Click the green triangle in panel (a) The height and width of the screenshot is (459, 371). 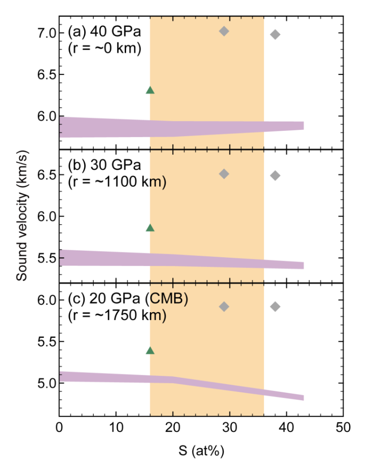(150, 90)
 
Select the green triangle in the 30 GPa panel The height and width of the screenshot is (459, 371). (150, 228)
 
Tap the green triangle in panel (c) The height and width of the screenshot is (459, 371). (150, 351)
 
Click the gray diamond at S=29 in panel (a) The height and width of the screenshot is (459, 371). (224, 31)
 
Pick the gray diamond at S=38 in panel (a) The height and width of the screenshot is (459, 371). (275, 34)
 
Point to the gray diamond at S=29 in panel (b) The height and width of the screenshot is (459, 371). (224, 174)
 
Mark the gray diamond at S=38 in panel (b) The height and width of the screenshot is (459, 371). (275, 176)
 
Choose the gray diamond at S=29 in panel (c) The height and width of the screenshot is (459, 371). (224, 306)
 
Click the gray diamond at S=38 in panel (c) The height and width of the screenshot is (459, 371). (275, 306)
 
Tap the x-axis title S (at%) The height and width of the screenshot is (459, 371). (201, 445)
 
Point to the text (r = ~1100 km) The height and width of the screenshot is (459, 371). (117, 182)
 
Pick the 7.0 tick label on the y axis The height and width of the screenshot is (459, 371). (43, 33)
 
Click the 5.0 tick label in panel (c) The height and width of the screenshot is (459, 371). (43, 383)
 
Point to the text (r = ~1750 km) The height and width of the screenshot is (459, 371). (117, 315)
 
